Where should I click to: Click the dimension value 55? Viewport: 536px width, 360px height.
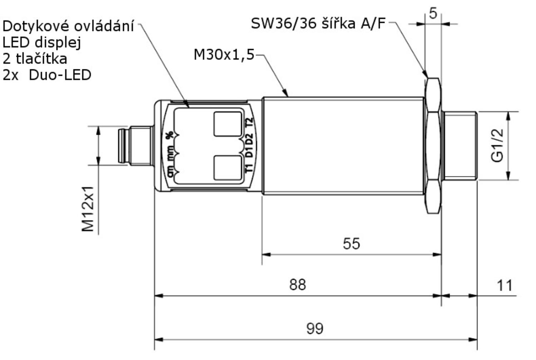(351, 244)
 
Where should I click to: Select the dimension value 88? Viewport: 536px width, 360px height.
(298, 285)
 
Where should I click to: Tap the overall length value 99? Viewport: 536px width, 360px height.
(315, 328)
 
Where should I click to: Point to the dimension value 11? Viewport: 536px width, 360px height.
(505, 285)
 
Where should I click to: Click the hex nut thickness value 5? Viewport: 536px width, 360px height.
(433, 14)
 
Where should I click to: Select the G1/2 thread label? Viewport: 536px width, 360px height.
(497, 145)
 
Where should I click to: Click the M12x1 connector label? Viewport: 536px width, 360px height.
(88, 209)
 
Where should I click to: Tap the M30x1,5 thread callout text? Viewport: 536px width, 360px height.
(224, 55)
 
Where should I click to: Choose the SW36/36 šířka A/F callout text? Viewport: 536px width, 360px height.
(318, 24)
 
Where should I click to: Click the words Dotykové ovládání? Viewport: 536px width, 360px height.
(68, 26)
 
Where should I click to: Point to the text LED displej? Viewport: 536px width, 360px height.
(42, 42)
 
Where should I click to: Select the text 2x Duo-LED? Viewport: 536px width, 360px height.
(47, 75)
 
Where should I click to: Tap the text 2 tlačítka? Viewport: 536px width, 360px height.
(35, 59)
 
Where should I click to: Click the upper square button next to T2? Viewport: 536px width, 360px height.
(228, 124)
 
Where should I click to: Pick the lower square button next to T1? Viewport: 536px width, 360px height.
(228, 167)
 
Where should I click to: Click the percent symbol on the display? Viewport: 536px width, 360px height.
(169, 135)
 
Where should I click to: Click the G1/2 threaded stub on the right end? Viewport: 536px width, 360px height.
(460, 145)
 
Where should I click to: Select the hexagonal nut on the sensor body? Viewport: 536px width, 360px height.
(433, 145)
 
